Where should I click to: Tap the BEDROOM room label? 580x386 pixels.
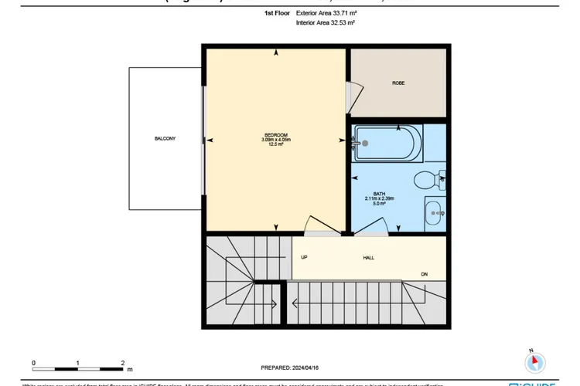click(275, 134)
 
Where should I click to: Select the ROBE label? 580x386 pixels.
click(398, 83)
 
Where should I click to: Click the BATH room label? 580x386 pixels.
click(379, 193)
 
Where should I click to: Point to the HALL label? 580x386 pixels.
click(368, 257)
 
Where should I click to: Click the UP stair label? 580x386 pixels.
click(305, 257)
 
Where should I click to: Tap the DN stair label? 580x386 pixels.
click(424, 273)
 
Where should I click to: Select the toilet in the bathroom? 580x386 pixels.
click(428, 181)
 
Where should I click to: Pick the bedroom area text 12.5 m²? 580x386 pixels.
click(275, 144)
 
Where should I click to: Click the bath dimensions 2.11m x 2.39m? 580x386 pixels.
click(379, 198)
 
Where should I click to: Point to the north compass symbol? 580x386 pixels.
click(535, 361)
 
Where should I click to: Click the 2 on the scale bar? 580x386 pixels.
click(123, 361)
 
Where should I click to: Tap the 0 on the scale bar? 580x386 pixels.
click(33, 361)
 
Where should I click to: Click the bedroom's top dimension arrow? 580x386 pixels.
click(276, 52)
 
